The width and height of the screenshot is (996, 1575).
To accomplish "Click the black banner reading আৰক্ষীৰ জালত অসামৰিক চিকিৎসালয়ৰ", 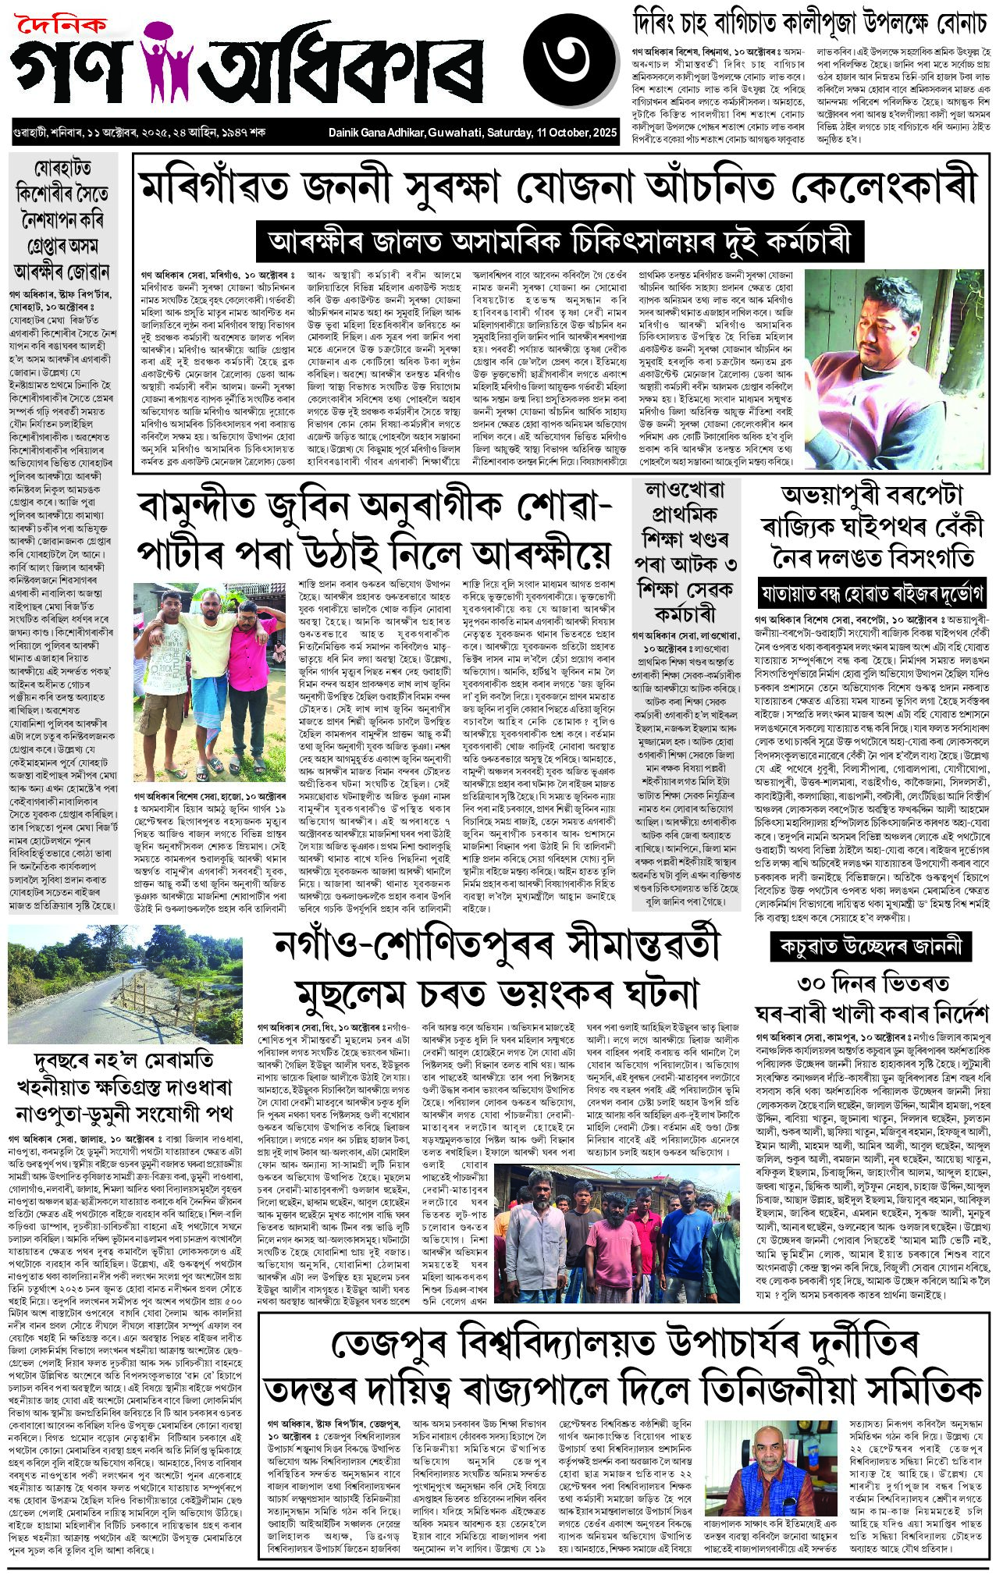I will (560, 241).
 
